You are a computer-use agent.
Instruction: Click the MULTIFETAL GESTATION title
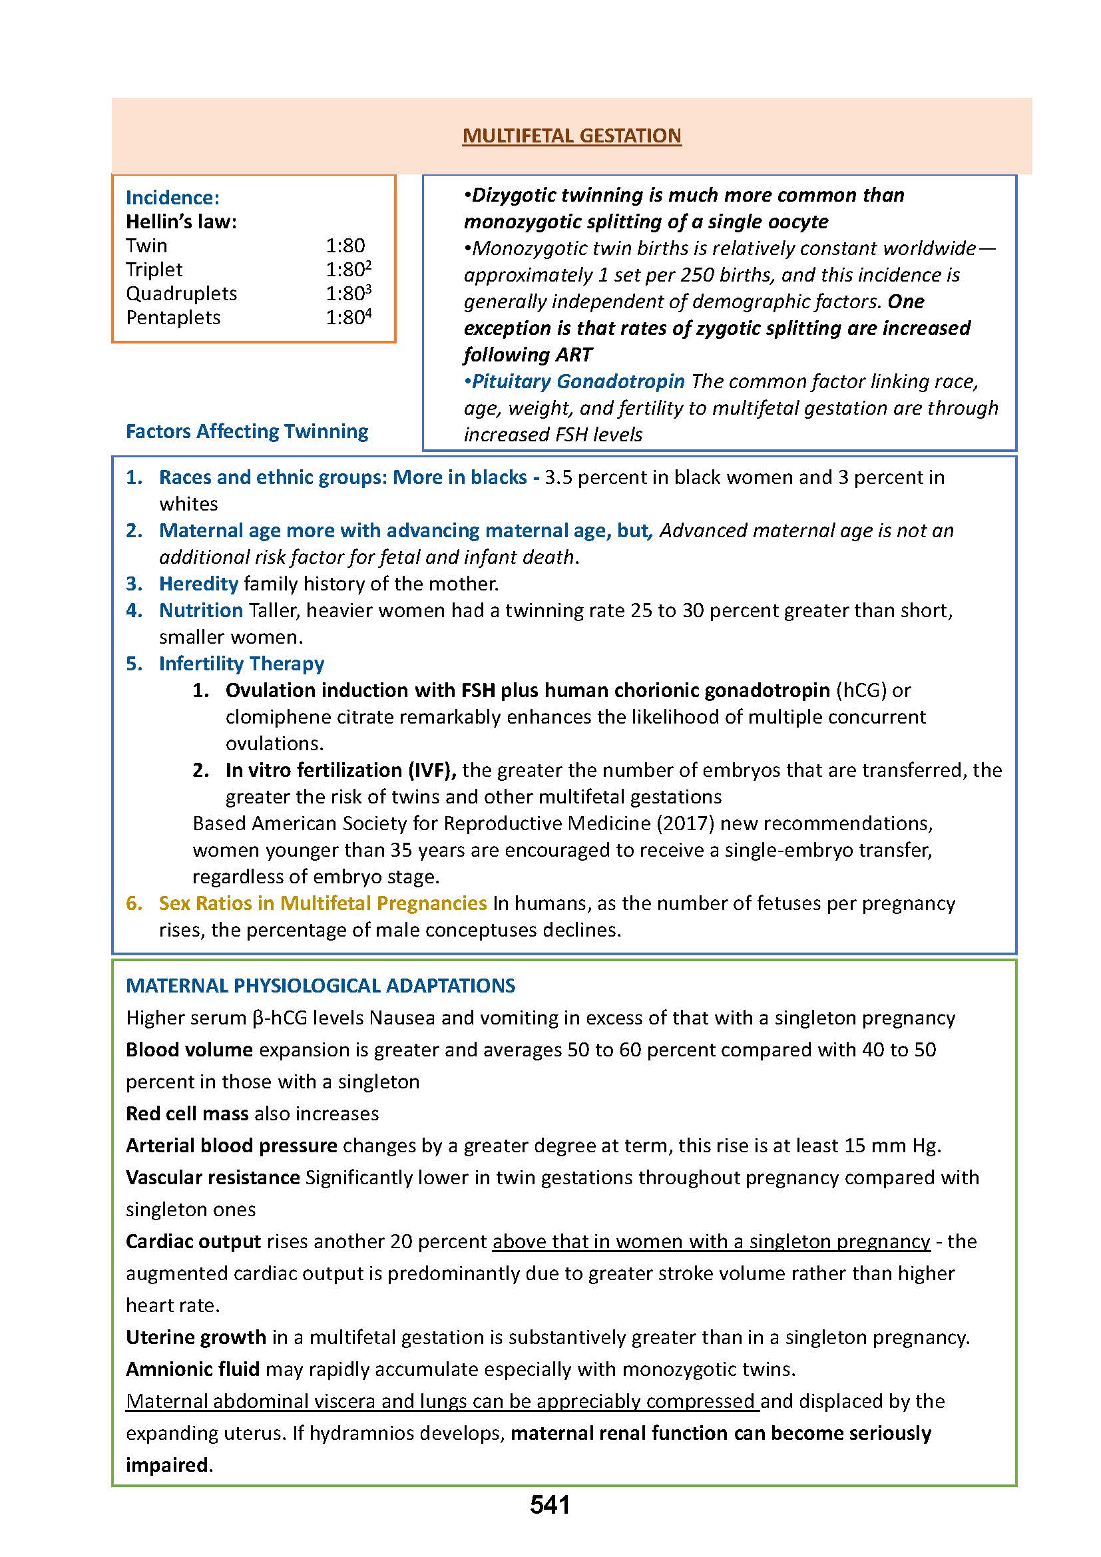coord(572,136)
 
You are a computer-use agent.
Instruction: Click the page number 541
coord(550,1524)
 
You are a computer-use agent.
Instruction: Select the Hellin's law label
coord(181,222)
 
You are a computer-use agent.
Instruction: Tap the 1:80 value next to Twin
coord(345,246)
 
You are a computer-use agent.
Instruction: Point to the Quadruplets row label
coord(182,294)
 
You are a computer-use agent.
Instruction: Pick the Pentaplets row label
coord(173,318)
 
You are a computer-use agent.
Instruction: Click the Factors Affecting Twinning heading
coord(247,431)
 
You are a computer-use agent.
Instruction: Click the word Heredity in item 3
coord(198,584)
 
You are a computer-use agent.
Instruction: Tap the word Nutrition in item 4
coord(200,610)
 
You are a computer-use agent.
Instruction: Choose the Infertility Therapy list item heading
coord(242,663)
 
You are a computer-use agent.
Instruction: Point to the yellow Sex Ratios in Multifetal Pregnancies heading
coord(323,903)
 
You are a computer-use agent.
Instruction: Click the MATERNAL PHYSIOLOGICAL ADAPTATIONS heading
coord(321,985)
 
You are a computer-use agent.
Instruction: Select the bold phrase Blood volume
coord(189,1050)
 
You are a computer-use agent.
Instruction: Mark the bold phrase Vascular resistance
coord(213,1178)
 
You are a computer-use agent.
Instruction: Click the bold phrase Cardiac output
coord(193,1241)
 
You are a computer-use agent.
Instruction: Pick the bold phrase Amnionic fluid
coord(192,1369)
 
